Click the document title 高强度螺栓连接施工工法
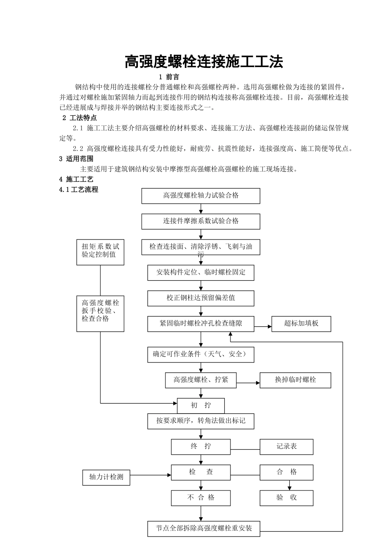click(204, 62)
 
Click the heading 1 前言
click(169, 77)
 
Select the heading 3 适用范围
click(77, 159)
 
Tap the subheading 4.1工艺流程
click(79, 190)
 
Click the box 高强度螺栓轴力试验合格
click(201, 196)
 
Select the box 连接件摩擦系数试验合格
click(201, 221)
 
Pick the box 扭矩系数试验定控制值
click(100, 252)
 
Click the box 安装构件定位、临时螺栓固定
click(201, 272)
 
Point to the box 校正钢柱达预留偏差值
click(201, 298)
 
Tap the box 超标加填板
click(301, 323)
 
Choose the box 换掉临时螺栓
click(296, 380)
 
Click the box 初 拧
click(201, 405)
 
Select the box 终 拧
click(201, 446)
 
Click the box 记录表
click(286, 446)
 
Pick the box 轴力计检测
click(106, 477)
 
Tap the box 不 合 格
click(201, 497)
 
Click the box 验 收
click(286, 497)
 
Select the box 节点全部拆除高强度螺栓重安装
click(204, 528)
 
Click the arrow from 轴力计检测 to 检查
click(151, 475)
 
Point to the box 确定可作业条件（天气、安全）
click(201, 354)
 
